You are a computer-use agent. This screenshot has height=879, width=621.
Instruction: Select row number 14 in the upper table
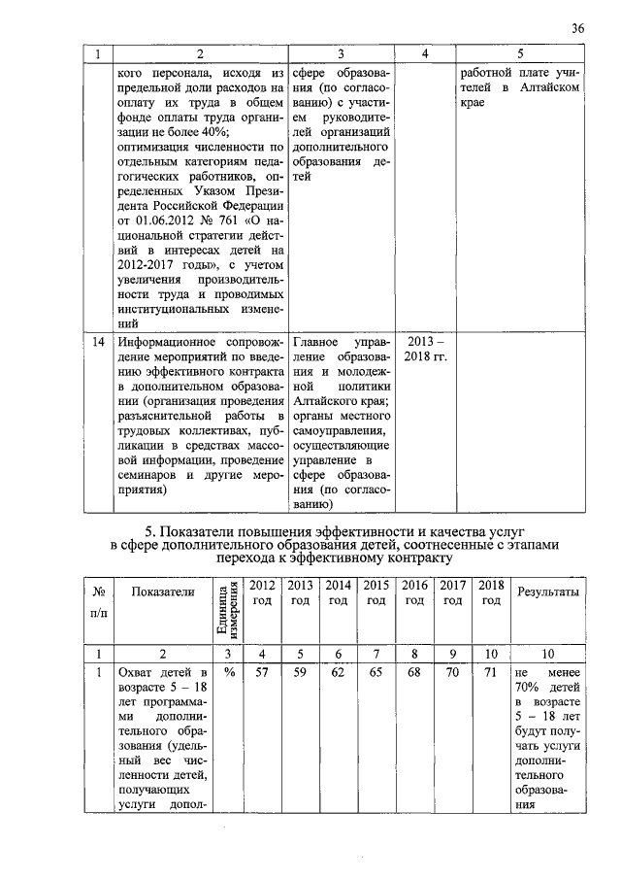pos(99,343)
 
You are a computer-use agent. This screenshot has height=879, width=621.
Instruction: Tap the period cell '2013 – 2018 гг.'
pos(425,350)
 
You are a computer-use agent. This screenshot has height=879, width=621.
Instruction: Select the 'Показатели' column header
pos(163,592)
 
